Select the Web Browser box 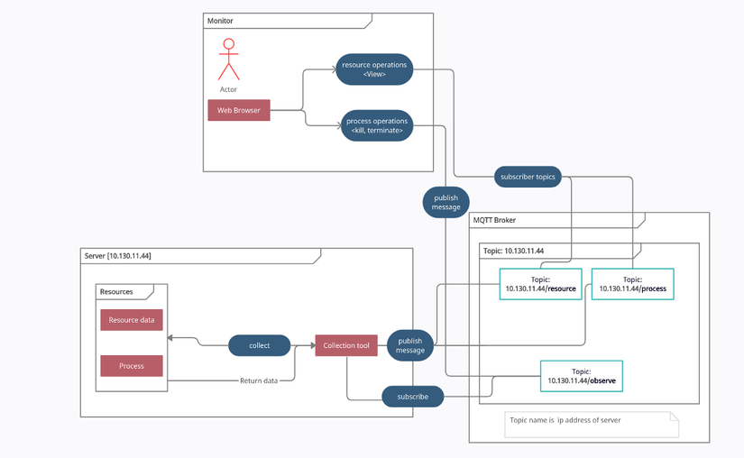point(239,110)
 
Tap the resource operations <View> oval point(374,69)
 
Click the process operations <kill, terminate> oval point(377,126)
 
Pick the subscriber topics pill point(528,177)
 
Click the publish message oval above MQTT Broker point(445,202)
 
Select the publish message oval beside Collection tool point(410,345)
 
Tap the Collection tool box point(346,345)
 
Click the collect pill point(259,345)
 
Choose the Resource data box point(132,320)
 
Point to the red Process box point(132,366)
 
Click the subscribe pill point(413,396)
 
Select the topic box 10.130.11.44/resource point(541,284)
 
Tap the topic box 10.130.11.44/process point(632,284)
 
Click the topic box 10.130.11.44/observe point(581,376)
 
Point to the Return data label point(259,380)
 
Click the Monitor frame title point(221,21)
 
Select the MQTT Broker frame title point(494,220)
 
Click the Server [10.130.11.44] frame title point(118,256)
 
